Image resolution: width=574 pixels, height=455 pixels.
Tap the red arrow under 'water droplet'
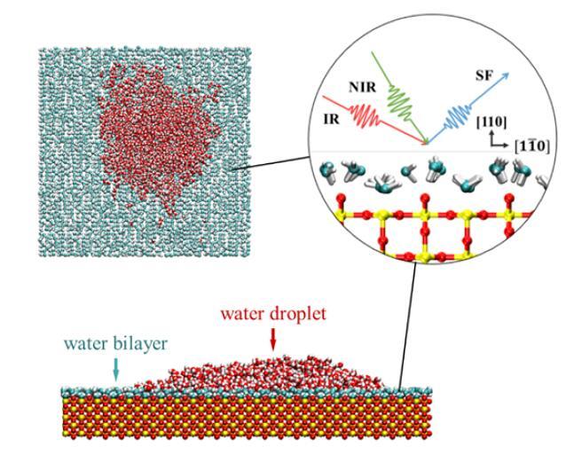(271, 335)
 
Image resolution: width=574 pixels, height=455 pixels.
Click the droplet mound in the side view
(266, 368)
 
